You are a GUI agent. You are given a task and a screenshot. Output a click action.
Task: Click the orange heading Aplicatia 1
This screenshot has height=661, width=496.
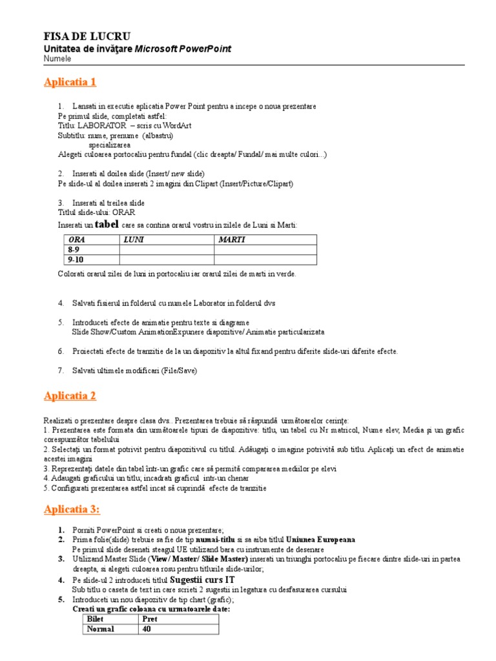(x=70, y=82)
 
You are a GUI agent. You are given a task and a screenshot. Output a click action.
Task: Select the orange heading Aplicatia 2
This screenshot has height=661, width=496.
(x=70, y=396)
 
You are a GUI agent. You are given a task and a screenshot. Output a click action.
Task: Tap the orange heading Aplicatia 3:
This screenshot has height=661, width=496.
(x=72, y=510)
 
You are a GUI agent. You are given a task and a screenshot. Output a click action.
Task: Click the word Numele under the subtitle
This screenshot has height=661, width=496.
(x=57, y=59)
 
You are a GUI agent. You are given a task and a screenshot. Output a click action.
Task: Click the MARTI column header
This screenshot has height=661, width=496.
(x=232, y=239)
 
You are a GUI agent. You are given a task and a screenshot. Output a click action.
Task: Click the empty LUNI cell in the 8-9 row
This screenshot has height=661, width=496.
(x=167, y=250)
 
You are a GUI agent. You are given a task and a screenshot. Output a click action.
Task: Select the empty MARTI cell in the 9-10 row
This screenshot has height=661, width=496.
(x=265, y=259)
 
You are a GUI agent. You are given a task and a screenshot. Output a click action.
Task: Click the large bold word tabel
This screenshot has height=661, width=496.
(x=107, y=224)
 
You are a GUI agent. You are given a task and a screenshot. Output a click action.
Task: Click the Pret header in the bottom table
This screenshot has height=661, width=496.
(x=150, y=619)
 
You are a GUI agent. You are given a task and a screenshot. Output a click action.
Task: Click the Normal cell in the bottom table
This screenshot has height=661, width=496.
(x=100, y=629)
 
